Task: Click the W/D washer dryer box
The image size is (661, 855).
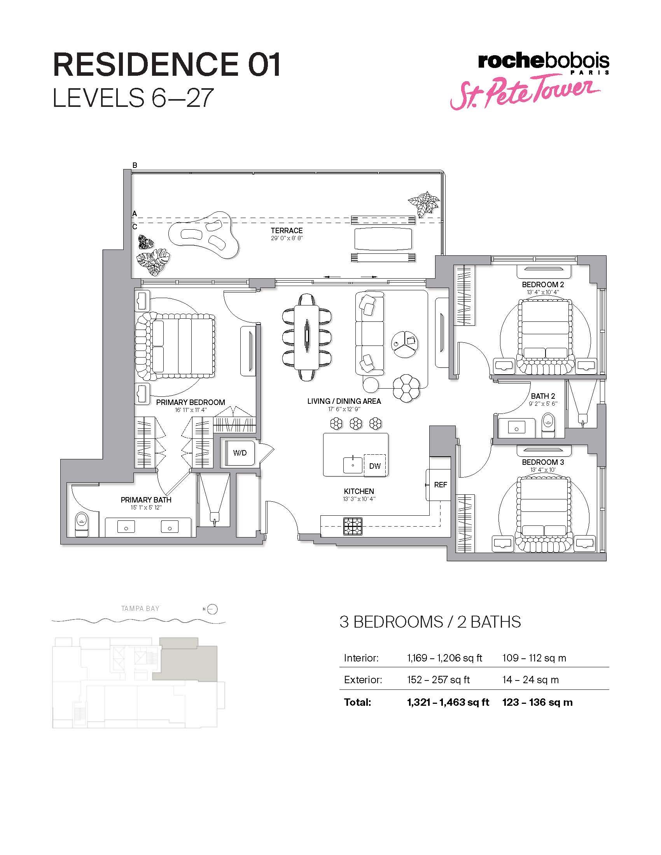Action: [x=240, y=453]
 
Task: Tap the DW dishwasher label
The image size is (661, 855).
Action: [x=375, y=466]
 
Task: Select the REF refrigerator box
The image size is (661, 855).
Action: [x=439, y=485]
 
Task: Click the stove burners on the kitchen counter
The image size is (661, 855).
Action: [x=353, y=526]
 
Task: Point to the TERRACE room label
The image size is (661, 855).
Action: [x=287, y=230]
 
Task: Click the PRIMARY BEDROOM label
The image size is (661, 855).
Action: [x=190, y=402]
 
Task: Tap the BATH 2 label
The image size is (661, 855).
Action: [x=543, y=396]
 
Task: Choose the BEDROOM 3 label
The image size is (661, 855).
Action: [x=543, y=462]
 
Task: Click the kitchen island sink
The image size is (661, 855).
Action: [x=353, y=465]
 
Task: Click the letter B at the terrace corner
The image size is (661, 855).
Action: [x=135, y=165]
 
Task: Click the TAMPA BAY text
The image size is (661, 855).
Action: [x=140, y=609]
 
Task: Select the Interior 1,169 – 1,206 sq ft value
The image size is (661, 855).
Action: [x=444, y=658]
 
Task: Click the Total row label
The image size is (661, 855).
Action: [x=357, y=702]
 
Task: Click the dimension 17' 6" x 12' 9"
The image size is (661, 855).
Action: [x=344, y=409]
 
